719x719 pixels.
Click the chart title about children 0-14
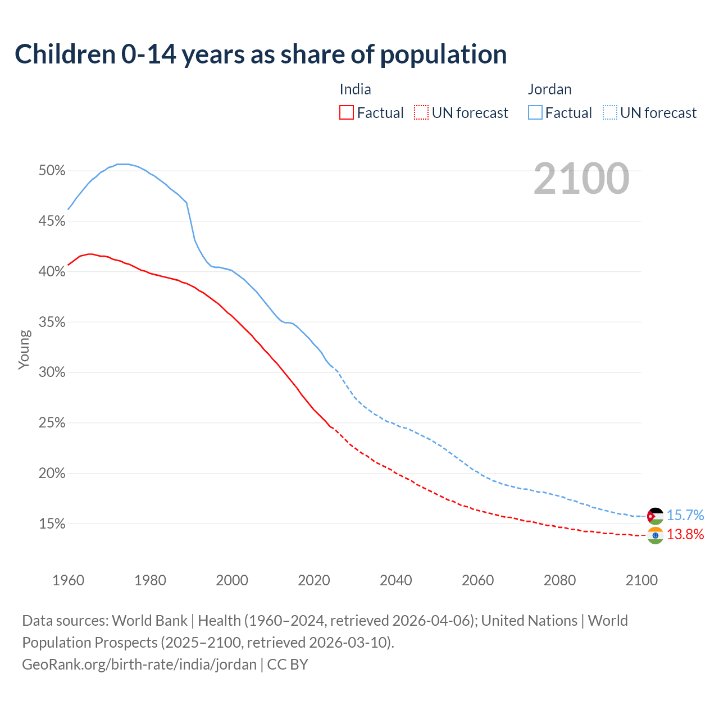point(261,54)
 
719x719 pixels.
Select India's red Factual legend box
point(347,112)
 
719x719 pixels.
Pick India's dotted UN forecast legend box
point(421,112)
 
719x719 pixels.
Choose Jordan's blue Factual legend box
point(535,112)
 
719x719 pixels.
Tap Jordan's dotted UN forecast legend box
point(610,112)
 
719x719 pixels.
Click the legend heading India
point(355,89)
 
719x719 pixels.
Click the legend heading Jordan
point(549,89)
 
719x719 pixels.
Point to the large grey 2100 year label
point(581,179)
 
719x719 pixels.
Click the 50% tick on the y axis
point(52,171)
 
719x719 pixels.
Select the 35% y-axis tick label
point(52,322)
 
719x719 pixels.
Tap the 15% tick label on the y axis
point(52,524)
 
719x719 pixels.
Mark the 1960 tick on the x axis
point(68,580)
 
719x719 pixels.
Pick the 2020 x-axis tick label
point(314,580)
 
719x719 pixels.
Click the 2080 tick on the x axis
point(559,580)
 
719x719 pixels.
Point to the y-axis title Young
point(24,349)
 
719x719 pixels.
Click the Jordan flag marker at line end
point(655,516)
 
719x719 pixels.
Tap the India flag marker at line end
point(655,535)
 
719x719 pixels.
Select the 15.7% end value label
point(685,515)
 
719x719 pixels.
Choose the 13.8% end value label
point(685,534)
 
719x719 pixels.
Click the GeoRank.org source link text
point(139,665)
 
